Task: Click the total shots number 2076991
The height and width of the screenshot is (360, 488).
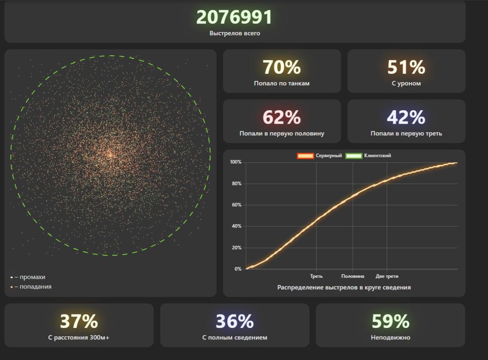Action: click(234, 17)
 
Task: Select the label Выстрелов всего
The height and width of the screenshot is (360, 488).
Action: click(235, 33)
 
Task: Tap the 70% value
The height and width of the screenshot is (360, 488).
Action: click(281, 68)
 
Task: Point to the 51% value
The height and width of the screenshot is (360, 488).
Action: click(406, 68)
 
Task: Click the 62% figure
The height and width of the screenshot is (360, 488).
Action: click(281, 118)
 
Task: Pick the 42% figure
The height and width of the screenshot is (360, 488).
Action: click(406, 118)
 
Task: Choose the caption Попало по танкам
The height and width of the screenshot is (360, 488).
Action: click(281, 83)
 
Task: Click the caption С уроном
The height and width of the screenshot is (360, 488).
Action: click(406, 83)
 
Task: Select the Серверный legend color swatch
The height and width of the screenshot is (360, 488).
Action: click(305, 156)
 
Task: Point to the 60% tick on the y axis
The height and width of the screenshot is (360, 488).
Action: click(236, 205)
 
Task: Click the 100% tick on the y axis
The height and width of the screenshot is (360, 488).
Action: click(235, 162)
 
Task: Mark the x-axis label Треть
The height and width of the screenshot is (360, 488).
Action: click(316, 277)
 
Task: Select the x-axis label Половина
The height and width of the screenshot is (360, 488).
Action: click(353, 277)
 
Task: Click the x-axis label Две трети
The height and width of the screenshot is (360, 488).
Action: click(387, 277)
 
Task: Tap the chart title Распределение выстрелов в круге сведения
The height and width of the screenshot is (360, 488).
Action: click(344, 288)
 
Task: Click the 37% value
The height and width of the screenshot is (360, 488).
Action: click(79, 321)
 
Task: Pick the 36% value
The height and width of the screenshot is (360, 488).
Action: click(235, 321)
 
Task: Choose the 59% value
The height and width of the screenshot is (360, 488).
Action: click(390, 321)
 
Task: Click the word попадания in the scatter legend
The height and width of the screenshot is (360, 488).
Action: click(35, 287)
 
